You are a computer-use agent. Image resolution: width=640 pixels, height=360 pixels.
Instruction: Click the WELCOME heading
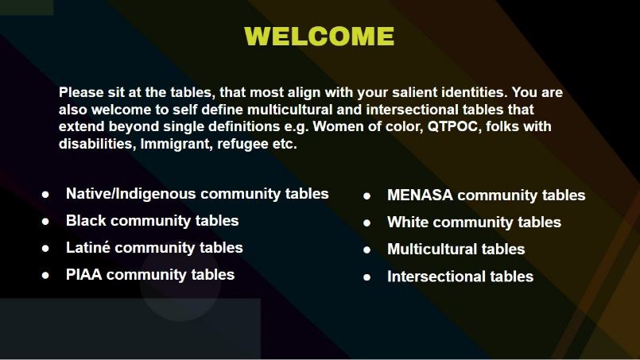coord(319,37)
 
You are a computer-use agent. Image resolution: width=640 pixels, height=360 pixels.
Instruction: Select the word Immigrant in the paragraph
coord(175,144)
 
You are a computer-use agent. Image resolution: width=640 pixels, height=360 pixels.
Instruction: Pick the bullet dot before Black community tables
coord(45,222)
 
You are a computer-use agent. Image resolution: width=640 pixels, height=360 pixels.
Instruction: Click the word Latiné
coord(88,248)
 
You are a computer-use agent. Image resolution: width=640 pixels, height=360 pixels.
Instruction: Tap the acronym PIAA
coord(83,275)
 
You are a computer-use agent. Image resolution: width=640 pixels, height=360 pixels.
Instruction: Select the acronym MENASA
coord(420,195)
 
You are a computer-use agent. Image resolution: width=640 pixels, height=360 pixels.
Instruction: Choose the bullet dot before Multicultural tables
coord(367,250)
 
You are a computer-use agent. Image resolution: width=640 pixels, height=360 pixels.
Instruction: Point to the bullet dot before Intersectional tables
coord(367,277)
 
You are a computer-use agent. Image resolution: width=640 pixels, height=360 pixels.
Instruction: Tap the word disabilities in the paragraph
coord(97,144)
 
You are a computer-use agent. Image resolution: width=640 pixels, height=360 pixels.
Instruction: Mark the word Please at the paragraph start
coord(81,92)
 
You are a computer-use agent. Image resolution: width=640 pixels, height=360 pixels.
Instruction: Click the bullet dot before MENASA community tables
coord(367,196)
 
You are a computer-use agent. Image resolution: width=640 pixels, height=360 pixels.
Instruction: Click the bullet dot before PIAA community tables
coord(45,276)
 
